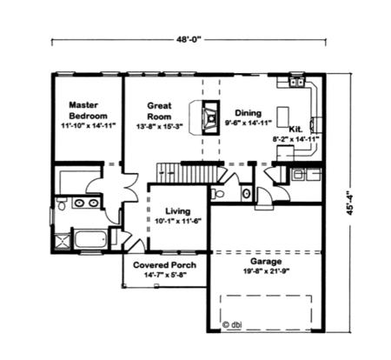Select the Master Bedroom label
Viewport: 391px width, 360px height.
88,110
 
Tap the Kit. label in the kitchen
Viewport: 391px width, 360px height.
295,128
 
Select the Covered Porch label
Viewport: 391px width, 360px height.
164,264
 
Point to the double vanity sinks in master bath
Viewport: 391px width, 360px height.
84,203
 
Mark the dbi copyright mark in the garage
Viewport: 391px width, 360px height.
231,325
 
